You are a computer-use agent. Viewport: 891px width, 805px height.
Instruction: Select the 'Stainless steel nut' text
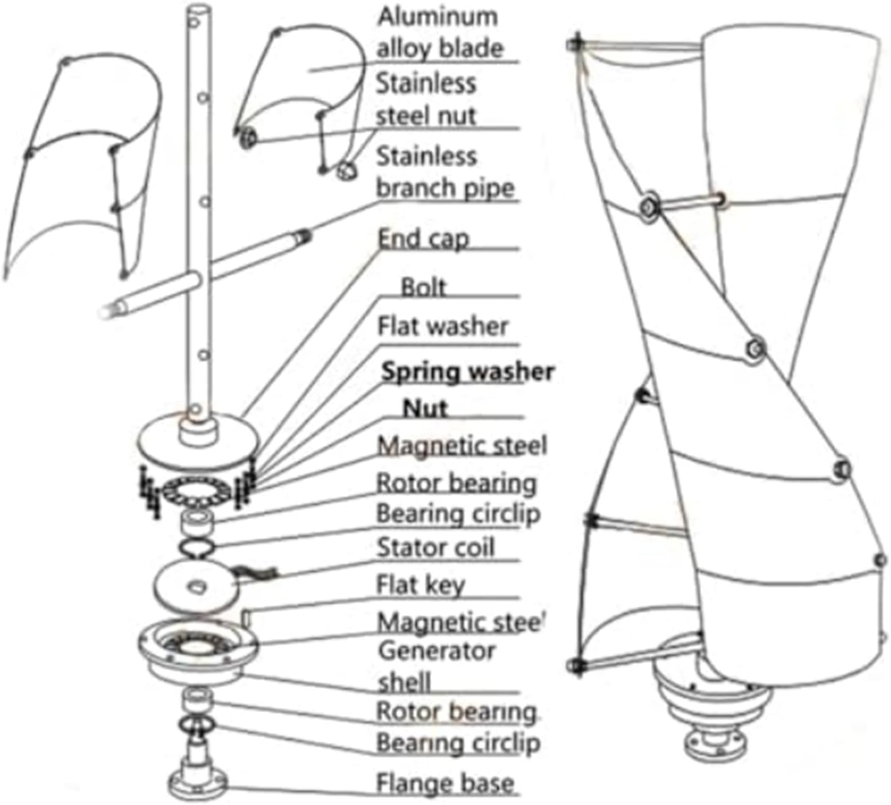(426, 99)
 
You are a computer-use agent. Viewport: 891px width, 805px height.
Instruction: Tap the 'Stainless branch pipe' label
(445, 172)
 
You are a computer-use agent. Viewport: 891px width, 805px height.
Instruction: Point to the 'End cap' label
(423, 238)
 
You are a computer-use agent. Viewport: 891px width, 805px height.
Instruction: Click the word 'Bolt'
(423, 287)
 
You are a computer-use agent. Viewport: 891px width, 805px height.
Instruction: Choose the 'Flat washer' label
(442, 326)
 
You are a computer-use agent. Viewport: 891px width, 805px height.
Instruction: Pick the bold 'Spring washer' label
(467, 371)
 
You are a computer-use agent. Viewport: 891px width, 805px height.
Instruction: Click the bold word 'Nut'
(425, 408)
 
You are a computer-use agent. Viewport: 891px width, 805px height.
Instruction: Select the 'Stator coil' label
(435, 548)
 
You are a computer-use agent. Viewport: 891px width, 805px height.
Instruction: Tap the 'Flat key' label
(420, 585)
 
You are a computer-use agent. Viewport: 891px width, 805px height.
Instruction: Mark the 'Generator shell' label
(435, 666)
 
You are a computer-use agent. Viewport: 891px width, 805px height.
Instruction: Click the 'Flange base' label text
(445, 783)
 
